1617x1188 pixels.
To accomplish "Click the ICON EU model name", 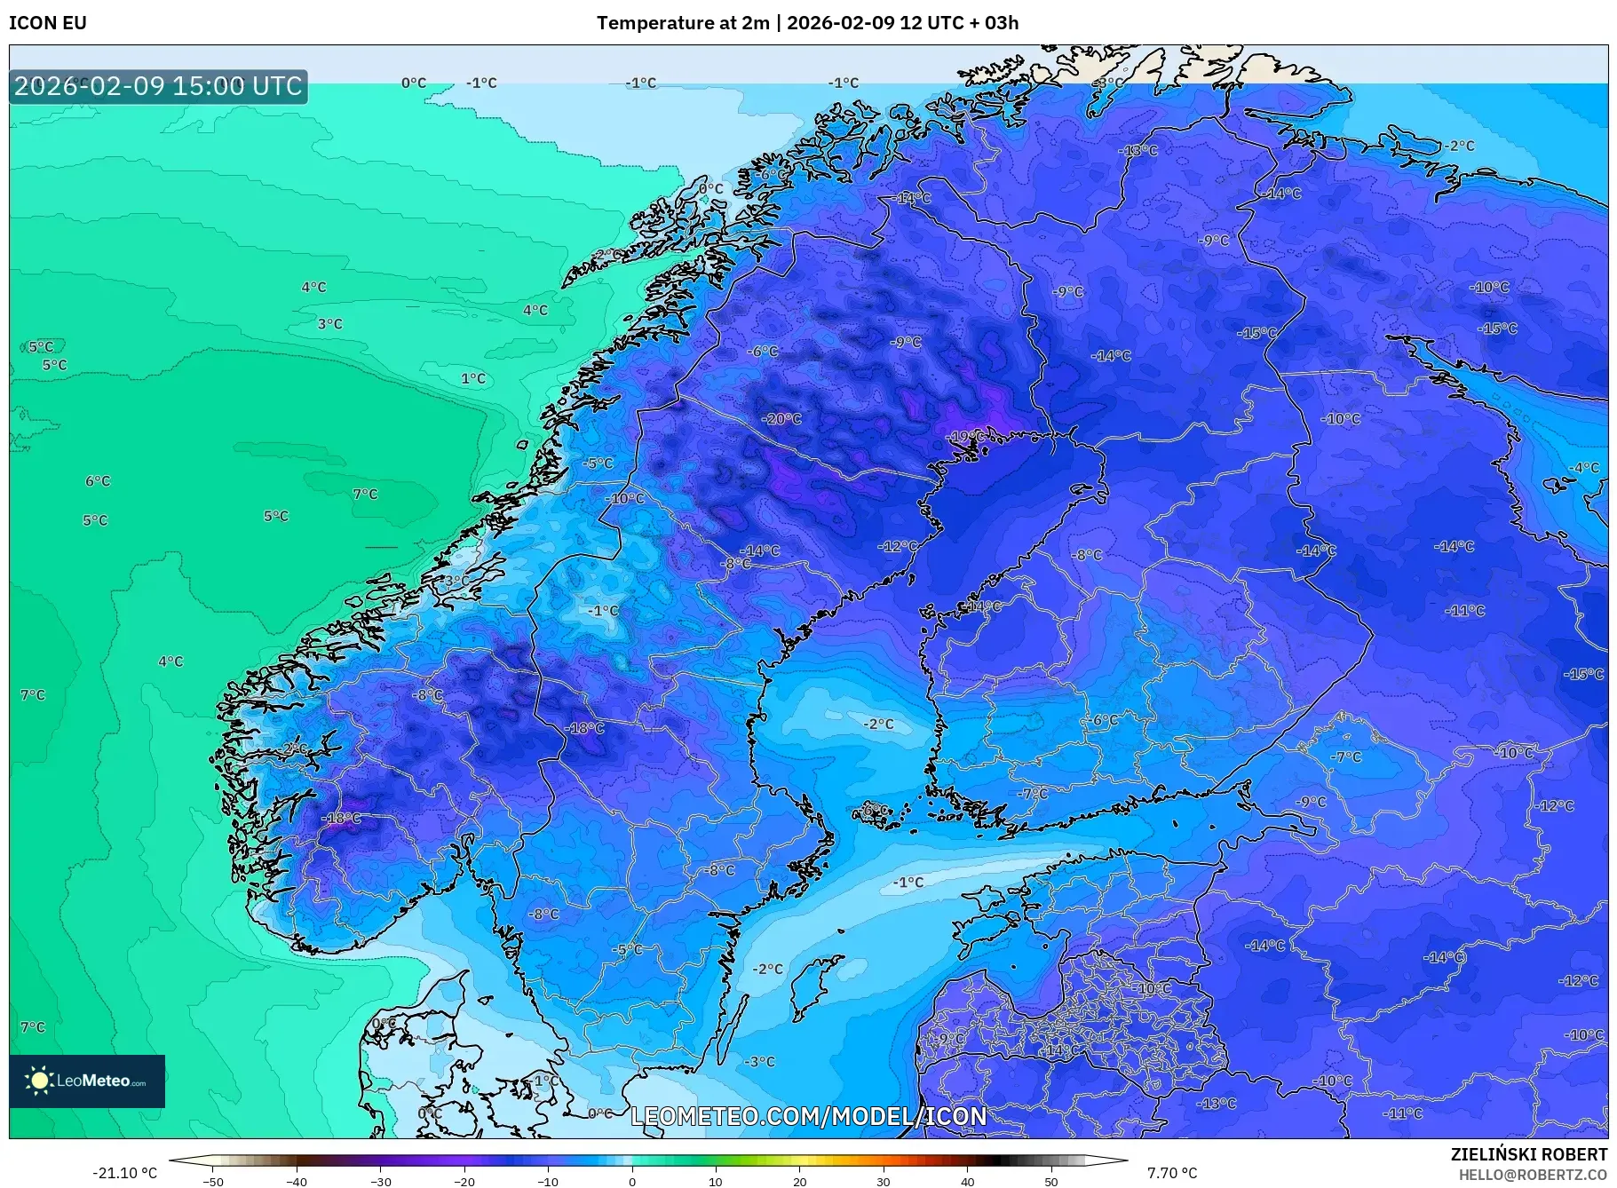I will click(x=48, y=23).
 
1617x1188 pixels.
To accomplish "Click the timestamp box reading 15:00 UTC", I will click(x=158, y=86).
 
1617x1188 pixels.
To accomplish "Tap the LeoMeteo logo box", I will click(x=87, y=1081).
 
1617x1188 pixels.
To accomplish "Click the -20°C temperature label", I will click(x=781, y=419).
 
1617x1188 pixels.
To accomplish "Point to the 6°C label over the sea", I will click(x=98, y=481).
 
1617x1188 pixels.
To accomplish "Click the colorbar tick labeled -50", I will click(x=213, y=1181).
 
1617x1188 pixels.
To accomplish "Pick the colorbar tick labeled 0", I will click(x=632, y=1181).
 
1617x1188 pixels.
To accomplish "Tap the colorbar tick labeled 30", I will click(x=884, y=1181).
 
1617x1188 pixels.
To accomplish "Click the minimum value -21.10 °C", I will click(x=124, y=1173).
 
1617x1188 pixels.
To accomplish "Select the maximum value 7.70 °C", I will click(x=1172, y=1173).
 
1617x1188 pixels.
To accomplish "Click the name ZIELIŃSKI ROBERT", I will click(x=1528, y=1154).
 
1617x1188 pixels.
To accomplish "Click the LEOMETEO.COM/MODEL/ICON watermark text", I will click(x=808, y=1116).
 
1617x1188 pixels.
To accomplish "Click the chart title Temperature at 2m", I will click(x=682, y=23).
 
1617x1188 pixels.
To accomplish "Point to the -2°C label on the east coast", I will click(x=1459, y=146).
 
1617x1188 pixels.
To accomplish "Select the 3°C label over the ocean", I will click(x=330, y=324).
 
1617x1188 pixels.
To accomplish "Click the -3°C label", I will click(x=759, y=1062).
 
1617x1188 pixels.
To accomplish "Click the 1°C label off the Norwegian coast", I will click(x=473, y=378).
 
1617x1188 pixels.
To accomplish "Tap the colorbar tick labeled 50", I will click(x=1051, y=1181).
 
